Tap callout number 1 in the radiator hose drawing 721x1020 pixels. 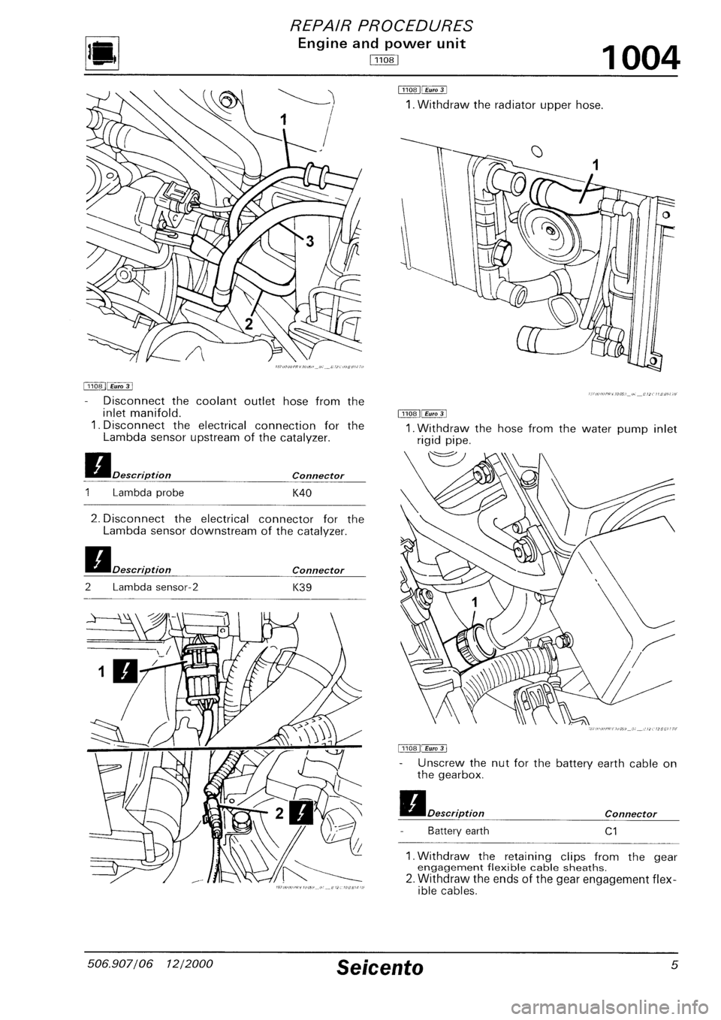[x=596, y=165]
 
